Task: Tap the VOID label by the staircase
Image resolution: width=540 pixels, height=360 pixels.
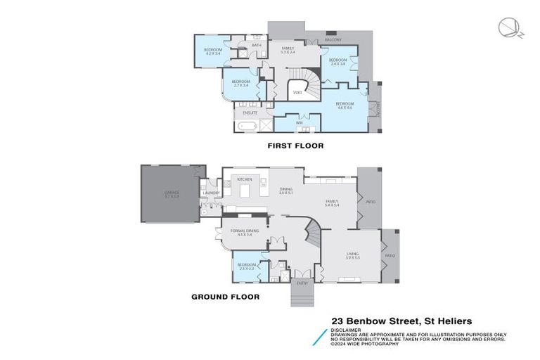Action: click(297, 92)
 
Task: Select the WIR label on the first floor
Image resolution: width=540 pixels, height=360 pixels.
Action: click(300, 122)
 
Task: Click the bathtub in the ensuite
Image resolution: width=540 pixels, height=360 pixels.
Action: click(246, 127)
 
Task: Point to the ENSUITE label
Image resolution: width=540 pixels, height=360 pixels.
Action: click(250, 112)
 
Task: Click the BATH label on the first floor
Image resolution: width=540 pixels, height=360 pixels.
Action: click(257, 45)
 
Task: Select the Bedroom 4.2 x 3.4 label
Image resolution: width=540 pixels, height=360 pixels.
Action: click(213, 51)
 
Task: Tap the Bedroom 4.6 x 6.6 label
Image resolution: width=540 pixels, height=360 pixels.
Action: click(345, 105)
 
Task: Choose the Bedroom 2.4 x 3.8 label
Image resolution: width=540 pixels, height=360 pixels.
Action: click(337, 62)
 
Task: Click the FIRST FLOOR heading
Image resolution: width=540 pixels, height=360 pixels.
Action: click(295, 146)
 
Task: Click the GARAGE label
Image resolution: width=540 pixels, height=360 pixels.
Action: click(172, 193)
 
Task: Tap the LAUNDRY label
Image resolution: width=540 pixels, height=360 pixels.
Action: click(212, 193)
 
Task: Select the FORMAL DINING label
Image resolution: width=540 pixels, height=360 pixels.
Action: click(244, 233)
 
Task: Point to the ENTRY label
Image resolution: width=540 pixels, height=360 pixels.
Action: click(302, 283)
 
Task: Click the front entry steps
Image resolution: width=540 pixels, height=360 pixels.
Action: click(302, 295)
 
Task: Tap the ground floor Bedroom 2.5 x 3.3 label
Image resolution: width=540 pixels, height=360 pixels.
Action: click(247, 266)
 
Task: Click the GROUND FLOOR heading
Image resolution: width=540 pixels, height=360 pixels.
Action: click(225, 297)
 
